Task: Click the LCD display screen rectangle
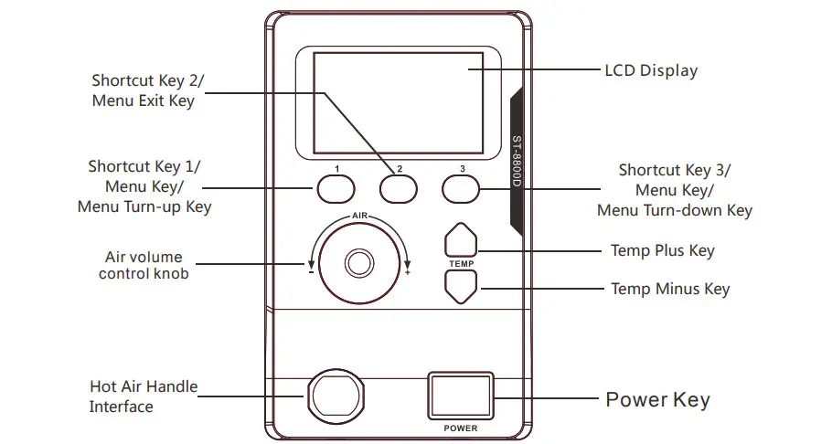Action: (x=398, y=103)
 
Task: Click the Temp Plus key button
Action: (x=461, y=241)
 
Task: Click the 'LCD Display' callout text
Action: (x=651, y=70)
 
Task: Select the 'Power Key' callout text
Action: (x=657, y=399)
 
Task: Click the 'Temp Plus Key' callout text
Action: (x=662, y=250)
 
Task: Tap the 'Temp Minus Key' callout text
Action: (x=670, y=290)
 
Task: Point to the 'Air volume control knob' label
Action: (x=144, y=265)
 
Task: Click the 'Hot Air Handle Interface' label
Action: (x=144, y=396)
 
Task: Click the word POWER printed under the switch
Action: (x=461, y=428)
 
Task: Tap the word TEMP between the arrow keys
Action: (x=460, y=263)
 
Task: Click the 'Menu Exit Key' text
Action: (x=144, y=100)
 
